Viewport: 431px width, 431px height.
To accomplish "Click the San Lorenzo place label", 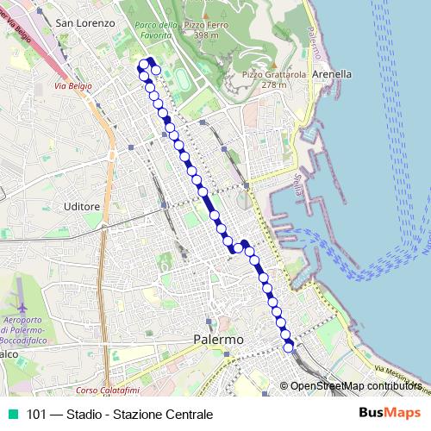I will [84, 23].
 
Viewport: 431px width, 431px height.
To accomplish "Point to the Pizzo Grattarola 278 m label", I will [261, 79].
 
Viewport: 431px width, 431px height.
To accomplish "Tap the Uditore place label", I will [83, 207].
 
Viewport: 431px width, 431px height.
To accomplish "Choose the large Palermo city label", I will [218, 340].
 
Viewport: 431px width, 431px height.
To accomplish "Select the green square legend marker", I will [12, 415].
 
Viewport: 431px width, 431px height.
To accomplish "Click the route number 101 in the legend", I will [37, 415].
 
